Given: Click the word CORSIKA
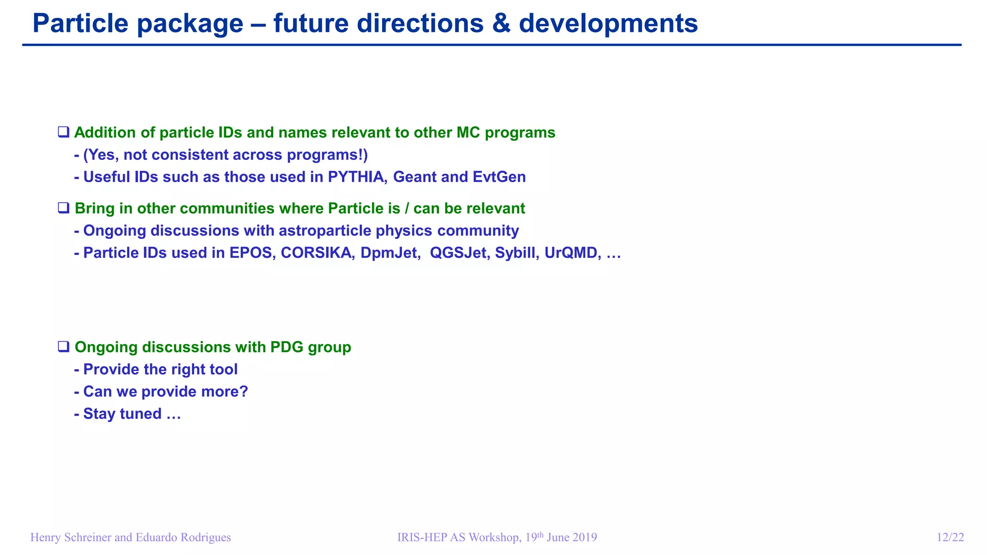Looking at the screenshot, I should (316, 253).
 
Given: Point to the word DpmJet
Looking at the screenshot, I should (389, 253).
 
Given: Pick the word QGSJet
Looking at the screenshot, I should (458, 253).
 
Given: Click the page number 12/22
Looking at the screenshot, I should (950, 538).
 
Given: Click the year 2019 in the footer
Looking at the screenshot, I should (585, 538).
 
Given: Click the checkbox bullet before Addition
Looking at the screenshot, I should (64, 132).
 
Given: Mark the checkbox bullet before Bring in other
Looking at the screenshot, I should (64, 208).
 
